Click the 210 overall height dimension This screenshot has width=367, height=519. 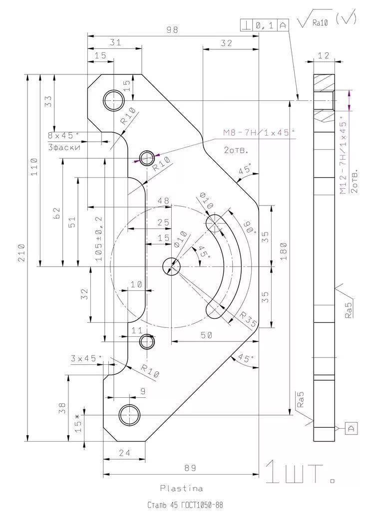click(x=21, y=253)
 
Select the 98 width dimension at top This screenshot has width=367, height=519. click(x=172, y=30)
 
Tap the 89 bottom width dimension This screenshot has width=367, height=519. click(x=190, y=468)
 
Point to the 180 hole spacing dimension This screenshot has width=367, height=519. click(x=284, y=251)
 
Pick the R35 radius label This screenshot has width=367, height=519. click(x=248, y=320)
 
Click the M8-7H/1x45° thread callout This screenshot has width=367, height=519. click(x=259, y=133)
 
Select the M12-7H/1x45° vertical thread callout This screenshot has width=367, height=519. click(x=344, y=158)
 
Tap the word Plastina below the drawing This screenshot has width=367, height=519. click(x=181, y=488)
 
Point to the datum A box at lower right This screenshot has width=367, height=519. click(x=352, y=428)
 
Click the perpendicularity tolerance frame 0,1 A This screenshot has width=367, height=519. click(x=264, y=25)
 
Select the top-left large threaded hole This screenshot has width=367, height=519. click(x=113, y=100)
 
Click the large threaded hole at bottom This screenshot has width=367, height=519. click(x=129, y=415)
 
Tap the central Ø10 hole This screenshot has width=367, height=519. click(x=171, y=266)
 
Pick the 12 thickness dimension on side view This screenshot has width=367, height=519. click(x=324, y=55)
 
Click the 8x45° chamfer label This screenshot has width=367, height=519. click(x=63, y=135)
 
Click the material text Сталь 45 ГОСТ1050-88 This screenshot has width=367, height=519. click(x=185, y=505)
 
